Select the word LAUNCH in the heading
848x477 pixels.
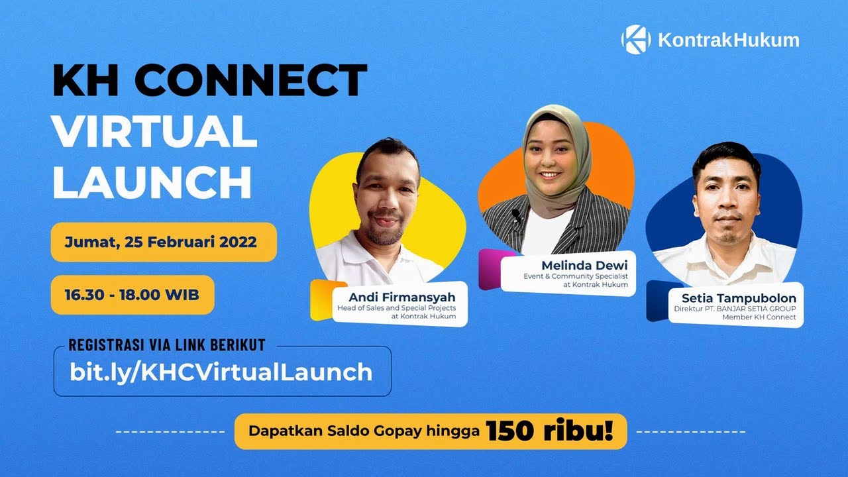pyautogui.click(x=152, y=182)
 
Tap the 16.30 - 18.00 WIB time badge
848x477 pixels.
pyautogui.click(x=132, y=295)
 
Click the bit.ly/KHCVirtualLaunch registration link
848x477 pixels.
pyautogui.click(x=221, y=372)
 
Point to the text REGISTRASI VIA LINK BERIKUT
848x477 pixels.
pyautogui.click(x=167, y=345)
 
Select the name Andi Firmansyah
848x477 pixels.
pyautogui.click(x=402, y=296)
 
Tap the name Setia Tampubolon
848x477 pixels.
pyautogui.click(x=739, y=298)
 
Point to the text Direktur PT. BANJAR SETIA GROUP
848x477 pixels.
pyautogui.click(x=735, y=309)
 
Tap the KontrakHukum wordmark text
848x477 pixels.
pyautogui.click(x=728, y=40)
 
